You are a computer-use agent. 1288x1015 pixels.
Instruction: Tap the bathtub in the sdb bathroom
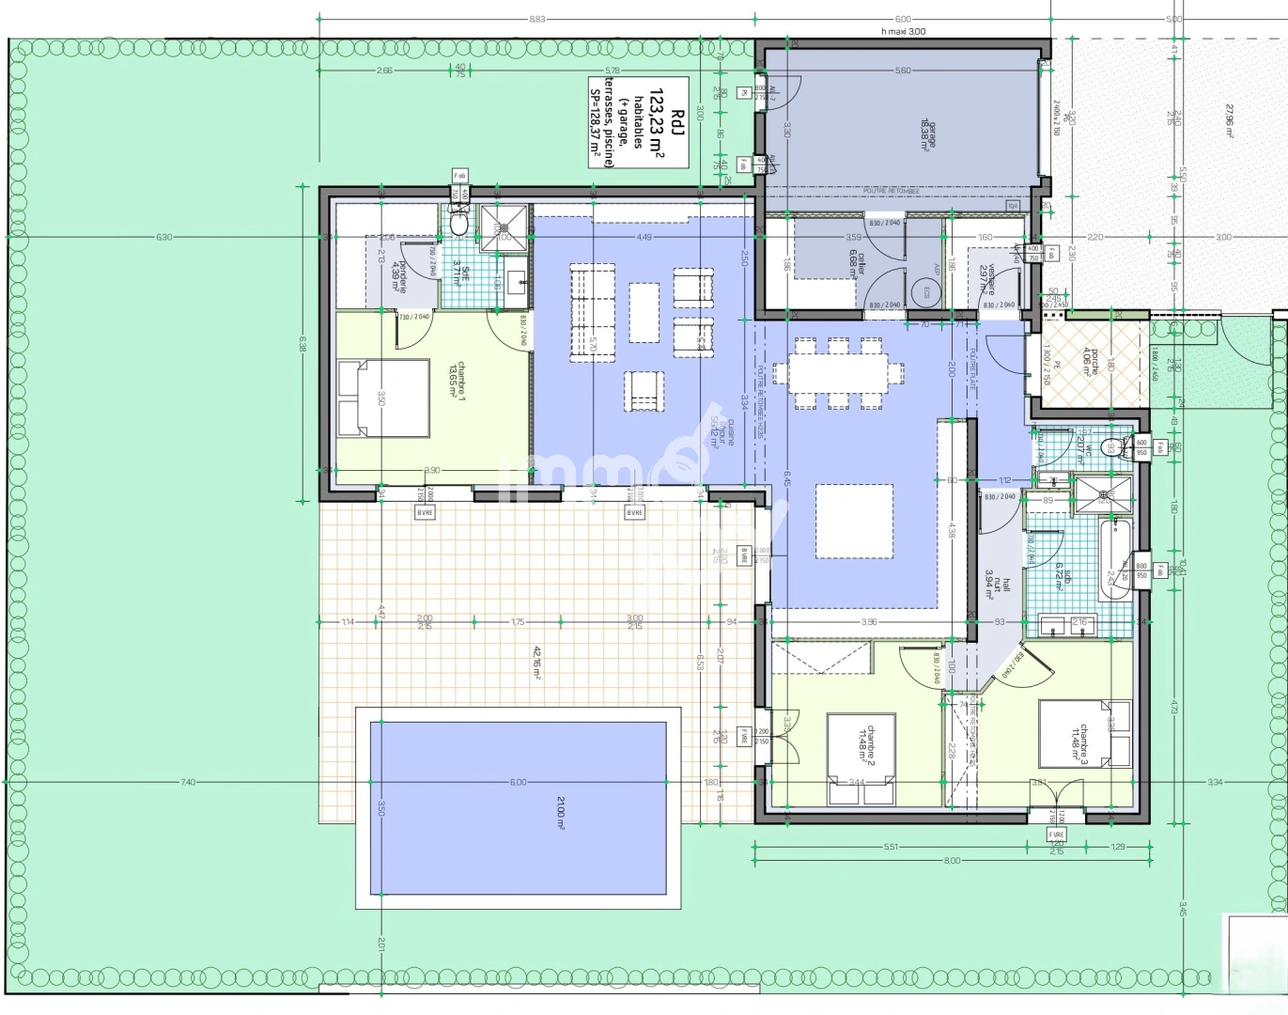pos(1115,560)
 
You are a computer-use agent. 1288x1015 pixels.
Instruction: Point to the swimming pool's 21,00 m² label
pos(561,812)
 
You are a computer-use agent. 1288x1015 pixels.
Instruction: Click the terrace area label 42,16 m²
pos(537,663)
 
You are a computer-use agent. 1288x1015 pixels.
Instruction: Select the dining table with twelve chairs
pos(838,374)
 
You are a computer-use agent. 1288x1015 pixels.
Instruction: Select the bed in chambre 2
pos(860,758)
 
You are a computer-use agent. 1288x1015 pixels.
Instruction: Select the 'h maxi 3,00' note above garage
pos(903,31)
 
